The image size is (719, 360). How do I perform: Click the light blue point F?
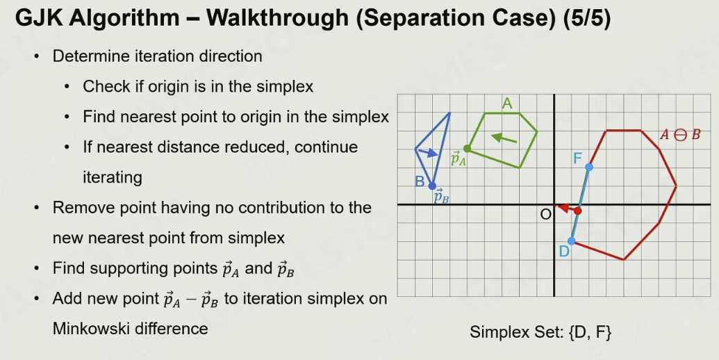589,167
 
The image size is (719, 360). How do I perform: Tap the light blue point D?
571,241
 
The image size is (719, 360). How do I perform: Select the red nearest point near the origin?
578,211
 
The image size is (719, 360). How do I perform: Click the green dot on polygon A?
467,149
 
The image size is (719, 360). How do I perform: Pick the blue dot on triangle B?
432,186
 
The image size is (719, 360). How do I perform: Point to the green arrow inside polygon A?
504,138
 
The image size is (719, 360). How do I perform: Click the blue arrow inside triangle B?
428,153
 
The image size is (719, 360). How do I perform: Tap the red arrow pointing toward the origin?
567,208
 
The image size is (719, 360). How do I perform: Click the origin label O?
545,215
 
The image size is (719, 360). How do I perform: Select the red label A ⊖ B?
680,135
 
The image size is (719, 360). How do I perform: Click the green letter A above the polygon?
506,104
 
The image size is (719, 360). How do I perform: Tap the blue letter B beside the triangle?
420,181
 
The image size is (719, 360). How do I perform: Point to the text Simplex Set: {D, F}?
540,332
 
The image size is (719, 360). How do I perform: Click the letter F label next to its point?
578,158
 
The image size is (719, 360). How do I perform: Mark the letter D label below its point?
564,252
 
